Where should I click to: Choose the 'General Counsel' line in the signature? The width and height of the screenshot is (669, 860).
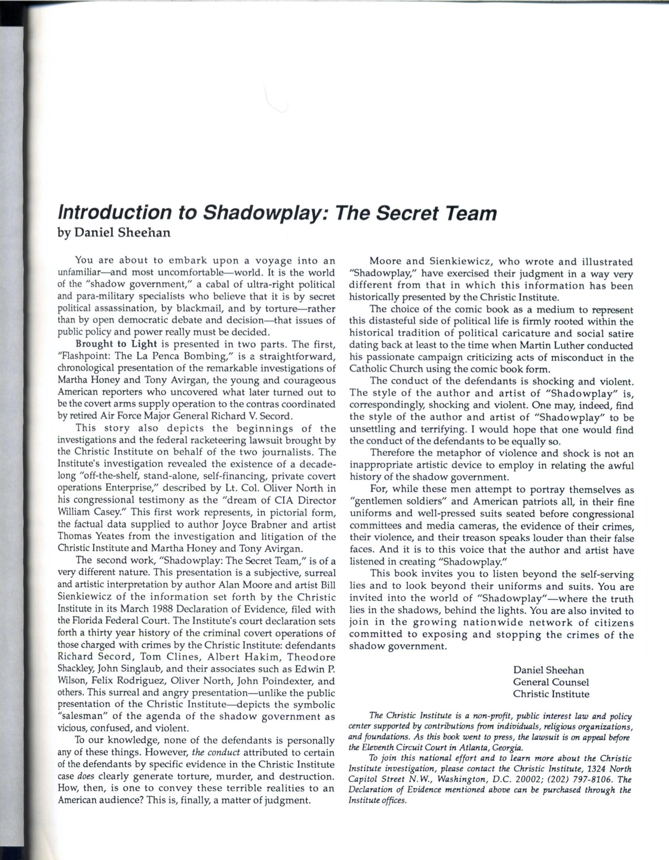pyautogui.click(x=551, y=682)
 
